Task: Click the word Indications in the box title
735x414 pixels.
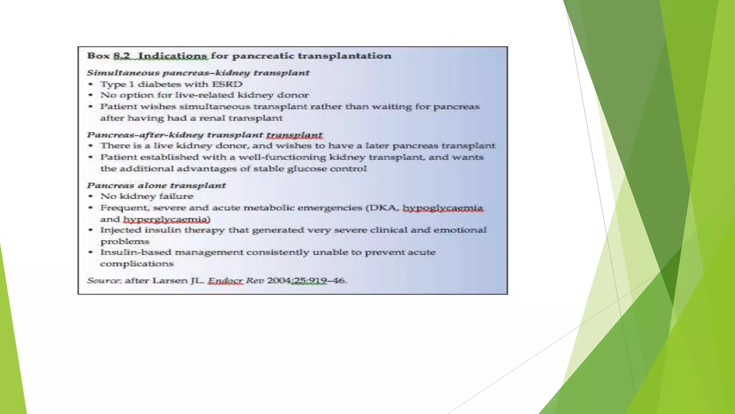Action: coord(172,56)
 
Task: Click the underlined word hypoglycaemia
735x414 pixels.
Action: coord(443,208)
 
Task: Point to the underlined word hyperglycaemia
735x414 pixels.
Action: coord(167,219)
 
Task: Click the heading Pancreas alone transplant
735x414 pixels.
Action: coord(156,185)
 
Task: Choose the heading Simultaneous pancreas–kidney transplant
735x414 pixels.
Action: coord(198,73)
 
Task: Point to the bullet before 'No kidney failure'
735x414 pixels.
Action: coord(91,196)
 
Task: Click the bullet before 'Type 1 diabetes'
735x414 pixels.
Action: coord(91,84)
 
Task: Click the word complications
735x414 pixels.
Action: coord(137,264)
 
